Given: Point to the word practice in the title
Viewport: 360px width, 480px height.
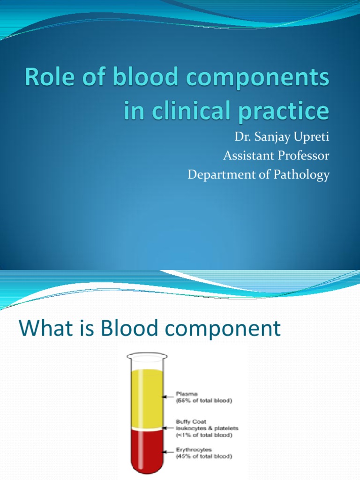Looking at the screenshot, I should [x=289, y=112].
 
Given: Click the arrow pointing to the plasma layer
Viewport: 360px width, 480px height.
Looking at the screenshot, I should [x=167, y=397].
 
